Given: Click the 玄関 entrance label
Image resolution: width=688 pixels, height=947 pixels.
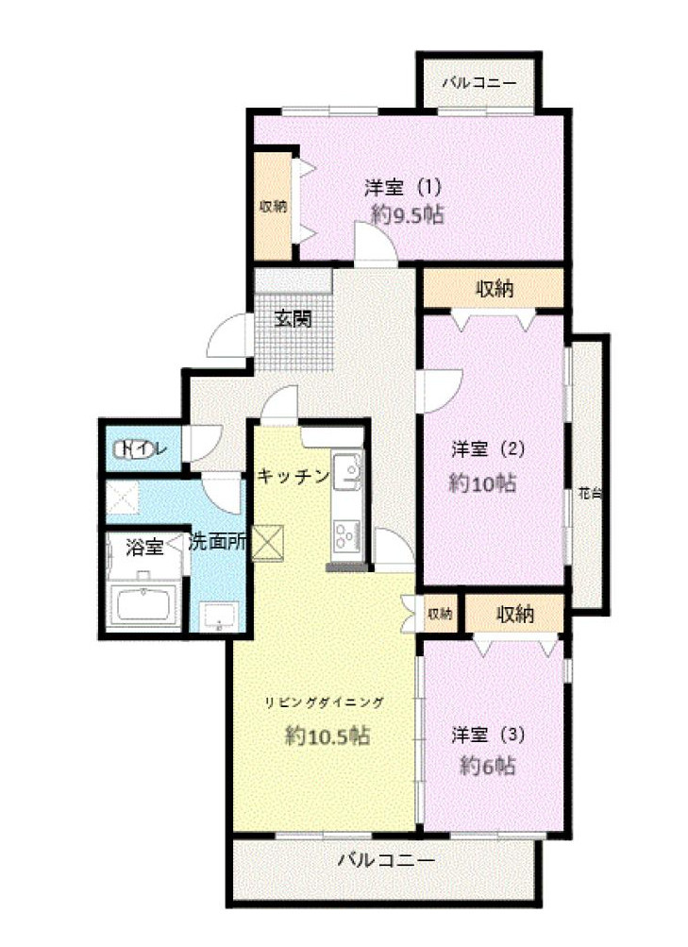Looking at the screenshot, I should [293, 319].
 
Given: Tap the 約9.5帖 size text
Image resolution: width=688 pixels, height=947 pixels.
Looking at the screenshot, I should [407, 214].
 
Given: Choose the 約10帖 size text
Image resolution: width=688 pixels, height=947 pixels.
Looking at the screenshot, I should [481, 483].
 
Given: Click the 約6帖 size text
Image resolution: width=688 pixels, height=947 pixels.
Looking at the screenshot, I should [487, 765].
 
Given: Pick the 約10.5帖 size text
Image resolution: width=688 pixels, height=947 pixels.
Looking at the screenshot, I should [327, 736].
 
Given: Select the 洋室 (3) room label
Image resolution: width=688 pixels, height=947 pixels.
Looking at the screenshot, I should [487, 734].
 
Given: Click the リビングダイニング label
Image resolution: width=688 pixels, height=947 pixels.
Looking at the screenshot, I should [324, 702].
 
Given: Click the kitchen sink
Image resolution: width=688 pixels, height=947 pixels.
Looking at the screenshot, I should [345, 471].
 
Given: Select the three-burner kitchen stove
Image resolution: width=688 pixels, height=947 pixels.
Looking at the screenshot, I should [344, 535].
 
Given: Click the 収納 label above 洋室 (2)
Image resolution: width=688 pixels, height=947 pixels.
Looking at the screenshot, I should [493, 289].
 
